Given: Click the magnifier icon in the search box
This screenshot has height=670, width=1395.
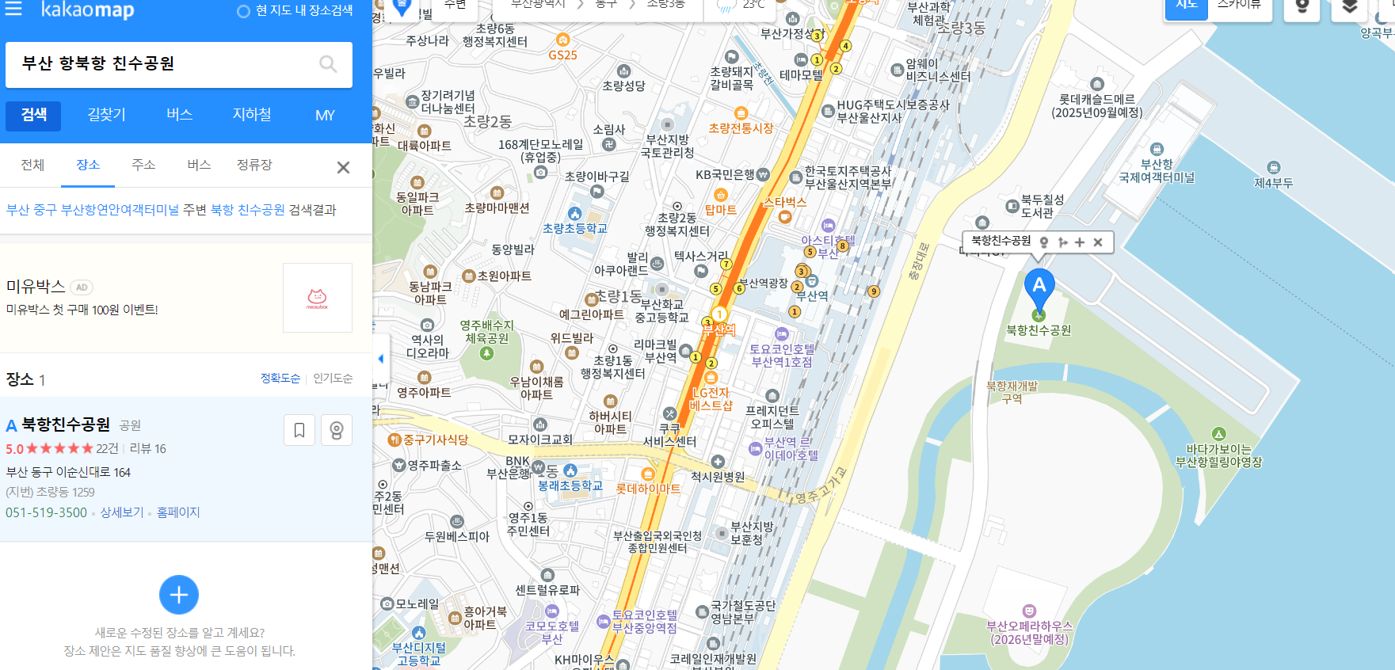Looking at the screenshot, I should (x=328, y=64).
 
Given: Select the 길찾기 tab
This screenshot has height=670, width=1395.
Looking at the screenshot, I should (x=107, y=115).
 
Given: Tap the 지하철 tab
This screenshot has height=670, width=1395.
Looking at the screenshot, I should (x=252, y=115).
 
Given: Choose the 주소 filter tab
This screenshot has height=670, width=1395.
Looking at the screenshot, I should (x=143, y=165).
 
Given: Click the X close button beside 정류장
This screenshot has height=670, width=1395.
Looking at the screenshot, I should (x=343, y=167).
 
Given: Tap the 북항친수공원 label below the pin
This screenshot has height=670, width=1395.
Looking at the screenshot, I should (x=1039, y=330).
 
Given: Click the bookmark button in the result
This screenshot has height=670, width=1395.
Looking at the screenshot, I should (x=299, y=430).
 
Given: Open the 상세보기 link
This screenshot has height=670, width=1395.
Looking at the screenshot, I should (x=122, y=512).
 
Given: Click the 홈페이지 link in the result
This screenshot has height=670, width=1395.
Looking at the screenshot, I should (x=178, y=512).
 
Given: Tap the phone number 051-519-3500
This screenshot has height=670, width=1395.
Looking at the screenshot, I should (x=47, y=512).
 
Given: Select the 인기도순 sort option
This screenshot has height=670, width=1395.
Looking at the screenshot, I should (x=333, y=379).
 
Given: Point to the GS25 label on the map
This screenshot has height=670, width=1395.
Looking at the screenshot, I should (x=562, y=55).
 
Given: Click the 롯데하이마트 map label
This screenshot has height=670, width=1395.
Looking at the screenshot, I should (x=648, y=489).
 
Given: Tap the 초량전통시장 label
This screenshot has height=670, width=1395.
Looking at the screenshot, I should (x=741, y=128).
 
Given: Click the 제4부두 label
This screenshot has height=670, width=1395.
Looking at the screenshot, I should (x=1273, y=183).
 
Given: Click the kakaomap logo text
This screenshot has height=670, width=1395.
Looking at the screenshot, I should (x=87, y=10).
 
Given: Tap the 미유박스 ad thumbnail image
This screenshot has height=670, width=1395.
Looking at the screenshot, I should (x=317, y=298).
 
